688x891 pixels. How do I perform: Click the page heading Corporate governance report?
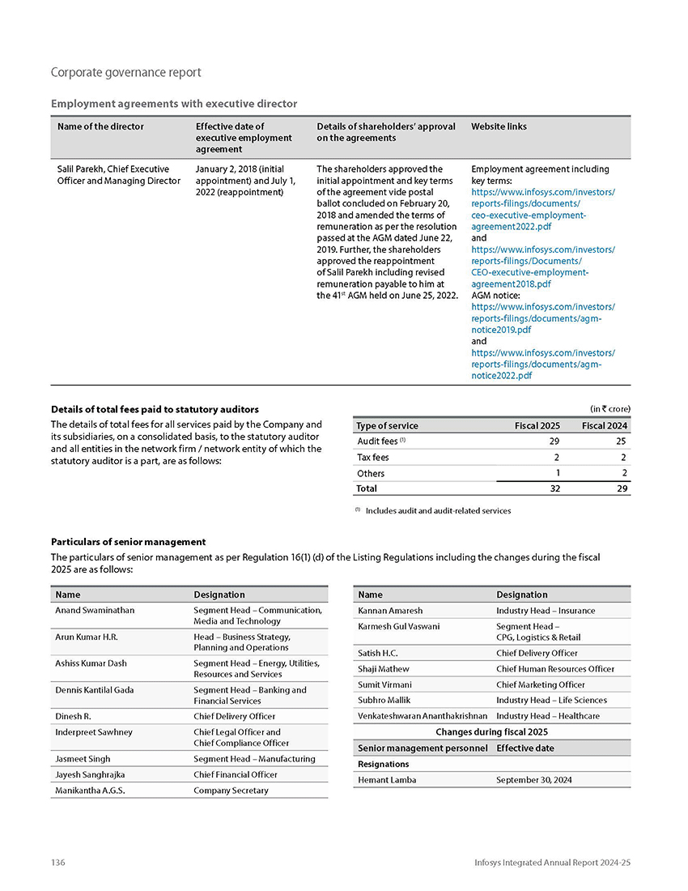(x=125, y=73)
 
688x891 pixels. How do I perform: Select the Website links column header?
(x=499, y=126)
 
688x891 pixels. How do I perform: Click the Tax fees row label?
(x=372, y=458)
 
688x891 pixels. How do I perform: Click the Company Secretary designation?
(x=231, y=790)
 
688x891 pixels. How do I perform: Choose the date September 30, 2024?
(x=536, y=780)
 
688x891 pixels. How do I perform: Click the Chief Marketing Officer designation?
(x=540, y=684)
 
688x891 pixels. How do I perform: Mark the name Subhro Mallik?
(x=384, y=700)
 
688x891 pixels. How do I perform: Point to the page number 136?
(x=57, y=863)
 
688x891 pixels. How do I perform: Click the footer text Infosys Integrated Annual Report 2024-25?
(x=552, y=863)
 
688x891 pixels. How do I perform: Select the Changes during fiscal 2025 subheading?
(x=491, y=732)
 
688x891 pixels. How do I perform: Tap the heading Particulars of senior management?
(x=128, y=542)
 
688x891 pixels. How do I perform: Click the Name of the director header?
(x=100, y=126)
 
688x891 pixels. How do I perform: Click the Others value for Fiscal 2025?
(x=557, y=473)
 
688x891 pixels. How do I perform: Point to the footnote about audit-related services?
(x=437, y=511)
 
